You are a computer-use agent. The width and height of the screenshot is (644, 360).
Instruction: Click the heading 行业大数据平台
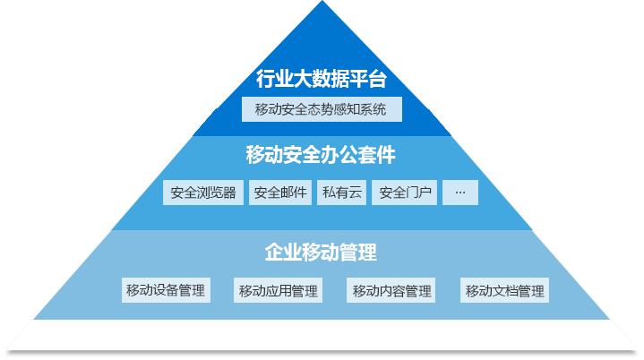[322, 79]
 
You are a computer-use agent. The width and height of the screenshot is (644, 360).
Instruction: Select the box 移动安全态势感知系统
[322, 109]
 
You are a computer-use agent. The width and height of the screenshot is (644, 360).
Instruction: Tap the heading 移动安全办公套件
[321, 155]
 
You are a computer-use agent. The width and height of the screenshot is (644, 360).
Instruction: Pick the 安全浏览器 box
[203, 193]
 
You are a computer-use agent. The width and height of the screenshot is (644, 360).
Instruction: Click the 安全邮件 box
[280, 193]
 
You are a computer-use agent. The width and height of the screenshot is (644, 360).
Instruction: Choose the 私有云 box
[342, 193]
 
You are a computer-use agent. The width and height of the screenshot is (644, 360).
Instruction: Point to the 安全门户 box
[405, 193]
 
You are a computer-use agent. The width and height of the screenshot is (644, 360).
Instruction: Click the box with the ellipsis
[460, 193]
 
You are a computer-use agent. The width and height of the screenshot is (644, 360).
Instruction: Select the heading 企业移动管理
[321, 252]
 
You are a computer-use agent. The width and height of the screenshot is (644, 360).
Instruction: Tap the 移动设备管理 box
[166, 290]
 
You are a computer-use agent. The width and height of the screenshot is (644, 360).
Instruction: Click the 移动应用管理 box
[278, 290]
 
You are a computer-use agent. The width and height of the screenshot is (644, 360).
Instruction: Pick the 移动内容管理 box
[391, 290]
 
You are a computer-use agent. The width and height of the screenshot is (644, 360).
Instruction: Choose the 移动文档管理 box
[504, 290]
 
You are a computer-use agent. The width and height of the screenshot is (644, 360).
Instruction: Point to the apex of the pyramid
[322, 1]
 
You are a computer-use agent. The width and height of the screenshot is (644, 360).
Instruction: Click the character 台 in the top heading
[377, 79]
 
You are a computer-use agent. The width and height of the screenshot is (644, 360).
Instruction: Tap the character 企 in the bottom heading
[274, 252]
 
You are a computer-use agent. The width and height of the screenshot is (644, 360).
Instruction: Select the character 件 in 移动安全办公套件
[386, 155]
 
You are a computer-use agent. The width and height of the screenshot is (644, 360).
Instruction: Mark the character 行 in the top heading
[266, 79]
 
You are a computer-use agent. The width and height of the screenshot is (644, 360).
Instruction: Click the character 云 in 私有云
[355, 193]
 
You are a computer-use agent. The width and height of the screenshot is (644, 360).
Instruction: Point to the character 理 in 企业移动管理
[367, 252]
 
